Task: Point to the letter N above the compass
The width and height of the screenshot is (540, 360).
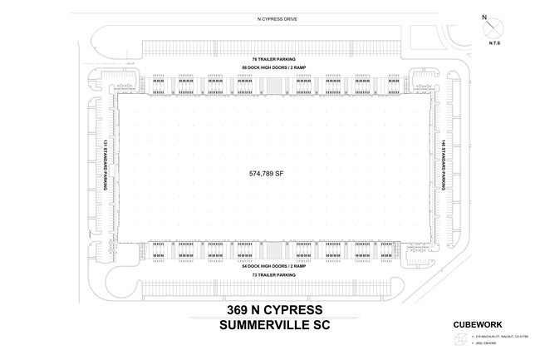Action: coord(485,16)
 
